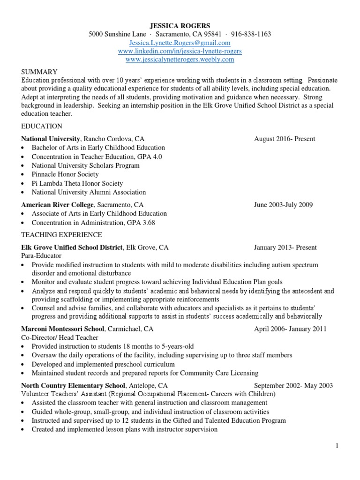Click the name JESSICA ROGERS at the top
pos(180,25)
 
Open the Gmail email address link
pos(180,43)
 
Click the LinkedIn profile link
pos(180,51)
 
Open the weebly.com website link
pos(180,60)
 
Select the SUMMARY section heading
pos(39,72)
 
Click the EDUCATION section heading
pos(41,126)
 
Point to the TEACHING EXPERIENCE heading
pos(61,234)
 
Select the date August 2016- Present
pos(285,139)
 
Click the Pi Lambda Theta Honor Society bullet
pos(77,183)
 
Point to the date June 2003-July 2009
pos(283,205)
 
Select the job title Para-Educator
pos(41,256)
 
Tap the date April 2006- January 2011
pos(290,329)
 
